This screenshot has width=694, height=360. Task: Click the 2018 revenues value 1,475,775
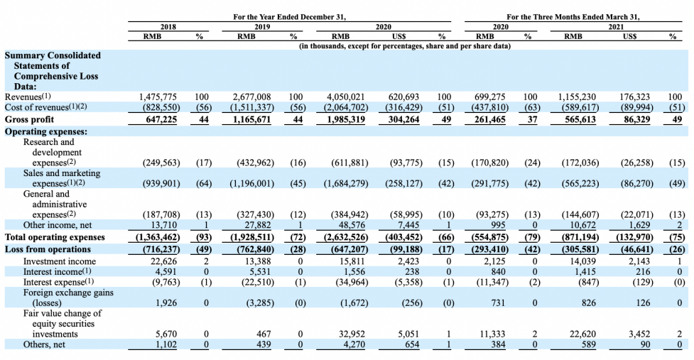pos(158,97)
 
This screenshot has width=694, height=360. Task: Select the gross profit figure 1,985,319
pos(346,119)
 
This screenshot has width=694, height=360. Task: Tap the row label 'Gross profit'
pos(29,119)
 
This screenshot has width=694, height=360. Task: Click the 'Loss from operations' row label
pos(48,249)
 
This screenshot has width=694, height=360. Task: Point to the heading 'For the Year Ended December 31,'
pos(289,17)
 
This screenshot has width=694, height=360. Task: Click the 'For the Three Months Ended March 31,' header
pos(573,17)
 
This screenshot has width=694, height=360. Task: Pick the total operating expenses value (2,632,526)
pos(346,237)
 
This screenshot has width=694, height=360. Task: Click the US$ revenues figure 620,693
pos(403,97)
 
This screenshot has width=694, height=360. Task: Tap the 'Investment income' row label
pos(59,261)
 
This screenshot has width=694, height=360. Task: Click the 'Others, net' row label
pos(43,344)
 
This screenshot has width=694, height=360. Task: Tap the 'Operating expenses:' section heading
pos(46,131)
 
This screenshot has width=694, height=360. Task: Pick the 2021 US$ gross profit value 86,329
pos(637,119)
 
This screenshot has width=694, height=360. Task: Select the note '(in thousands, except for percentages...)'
pos(405,46)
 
